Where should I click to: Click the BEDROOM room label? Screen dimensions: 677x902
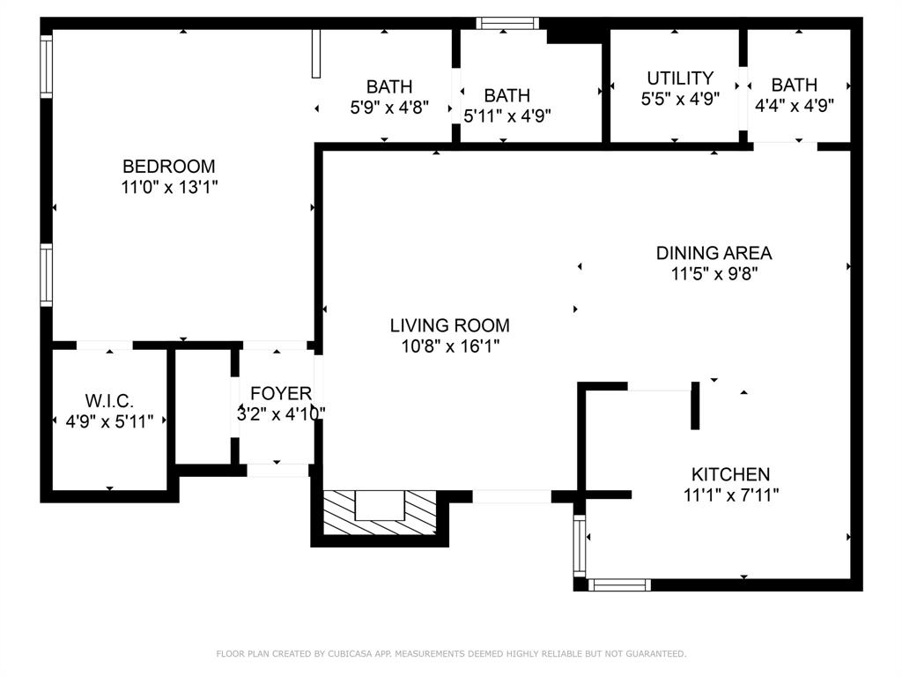click(x=168, y=166)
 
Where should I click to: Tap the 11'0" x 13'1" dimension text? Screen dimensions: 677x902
click(x=168, y=187)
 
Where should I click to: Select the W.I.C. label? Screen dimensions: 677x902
click(x=110, y=401)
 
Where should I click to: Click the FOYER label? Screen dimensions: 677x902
click(x=280, y=393)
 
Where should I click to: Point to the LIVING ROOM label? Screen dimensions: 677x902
click(x=449, y=325)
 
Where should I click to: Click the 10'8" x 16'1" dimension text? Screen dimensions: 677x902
click(x=449, y=346)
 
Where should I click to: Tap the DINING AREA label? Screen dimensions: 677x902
click(x=713, y=253)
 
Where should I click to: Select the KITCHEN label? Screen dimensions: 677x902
click(x=730, y=474)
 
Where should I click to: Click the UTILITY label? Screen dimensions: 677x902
click(x=680, y=78)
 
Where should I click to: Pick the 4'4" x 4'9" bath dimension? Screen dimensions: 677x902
click(x=795, y=104)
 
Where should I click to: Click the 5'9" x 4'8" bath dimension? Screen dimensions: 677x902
click(x=388, y=108)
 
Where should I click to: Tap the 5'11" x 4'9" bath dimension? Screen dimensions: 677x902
click(x=507, y=115)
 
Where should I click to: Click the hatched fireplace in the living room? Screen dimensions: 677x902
click(x=380, y=512)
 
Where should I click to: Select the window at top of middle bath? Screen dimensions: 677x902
click(x=506, y=24)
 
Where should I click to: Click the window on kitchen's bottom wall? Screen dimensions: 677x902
click(x=619, y=584)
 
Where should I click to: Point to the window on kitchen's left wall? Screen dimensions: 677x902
click(x=580, y=544)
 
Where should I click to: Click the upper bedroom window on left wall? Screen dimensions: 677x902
click(x=46, y=66)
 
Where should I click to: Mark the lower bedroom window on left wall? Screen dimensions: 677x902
click(x=46, y=274)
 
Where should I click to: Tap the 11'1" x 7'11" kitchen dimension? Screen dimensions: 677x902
click(x=730, y=495)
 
